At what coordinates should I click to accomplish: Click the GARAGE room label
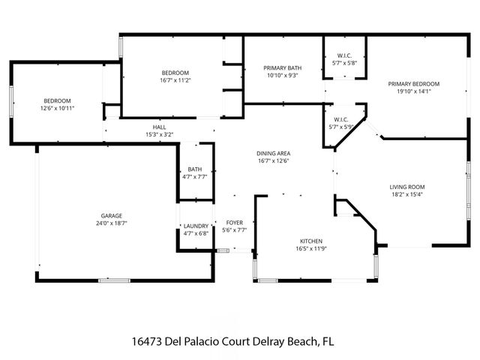click(x=112, y=216)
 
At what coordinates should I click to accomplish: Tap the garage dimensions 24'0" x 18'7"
click(x=112, y=224)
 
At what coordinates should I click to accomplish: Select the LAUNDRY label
click(x=195, y=226)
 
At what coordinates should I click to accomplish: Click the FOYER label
click(x=234, y=223)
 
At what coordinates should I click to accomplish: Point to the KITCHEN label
click(x=310, y=241)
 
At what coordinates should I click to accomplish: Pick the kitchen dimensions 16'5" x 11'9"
click(x=310, y=249)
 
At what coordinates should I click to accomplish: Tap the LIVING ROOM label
click(x=407, y=187)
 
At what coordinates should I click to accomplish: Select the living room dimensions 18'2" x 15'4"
click(x=407, y=195)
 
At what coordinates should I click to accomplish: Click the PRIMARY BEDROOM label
click(x=413, y=84)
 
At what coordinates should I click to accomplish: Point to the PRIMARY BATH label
click(x=282, y=67)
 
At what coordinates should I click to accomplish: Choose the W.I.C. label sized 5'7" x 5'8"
click(x=344, y=55)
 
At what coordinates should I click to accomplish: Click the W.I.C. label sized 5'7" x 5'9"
click(x=344, y=120)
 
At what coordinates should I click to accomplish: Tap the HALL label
click(x=159, y=127)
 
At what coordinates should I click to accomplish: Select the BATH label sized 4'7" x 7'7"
click(x=195, y=169)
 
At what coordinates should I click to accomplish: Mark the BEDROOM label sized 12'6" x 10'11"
click(x=57, y=100)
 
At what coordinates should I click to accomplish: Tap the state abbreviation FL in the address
click(x=328, y=341)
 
